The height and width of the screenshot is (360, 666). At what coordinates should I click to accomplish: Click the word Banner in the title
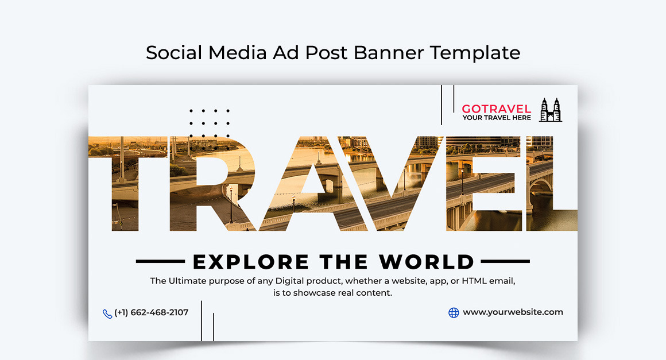389,53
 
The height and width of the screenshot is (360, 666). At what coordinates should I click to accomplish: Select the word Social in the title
174,53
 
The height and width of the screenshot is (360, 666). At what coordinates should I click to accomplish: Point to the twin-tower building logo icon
551,110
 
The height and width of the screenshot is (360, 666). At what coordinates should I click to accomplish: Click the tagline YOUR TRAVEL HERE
497,118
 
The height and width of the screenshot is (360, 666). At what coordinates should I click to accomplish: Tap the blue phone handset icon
107,313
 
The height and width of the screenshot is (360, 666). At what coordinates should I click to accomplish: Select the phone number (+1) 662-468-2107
151,312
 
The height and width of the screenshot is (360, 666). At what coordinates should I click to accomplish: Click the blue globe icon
454,313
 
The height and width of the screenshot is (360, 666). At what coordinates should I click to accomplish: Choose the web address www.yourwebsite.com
513,312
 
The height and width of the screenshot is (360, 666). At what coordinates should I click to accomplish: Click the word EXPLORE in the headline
250,262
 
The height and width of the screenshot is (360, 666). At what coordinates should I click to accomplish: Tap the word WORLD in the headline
426,262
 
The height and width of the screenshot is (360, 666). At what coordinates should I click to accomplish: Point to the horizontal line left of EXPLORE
160,261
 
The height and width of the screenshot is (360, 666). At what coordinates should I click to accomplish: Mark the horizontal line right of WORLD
505,261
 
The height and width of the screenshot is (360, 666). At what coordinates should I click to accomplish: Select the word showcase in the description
315,292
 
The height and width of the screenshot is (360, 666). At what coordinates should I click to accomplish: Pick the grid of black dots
210,123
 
